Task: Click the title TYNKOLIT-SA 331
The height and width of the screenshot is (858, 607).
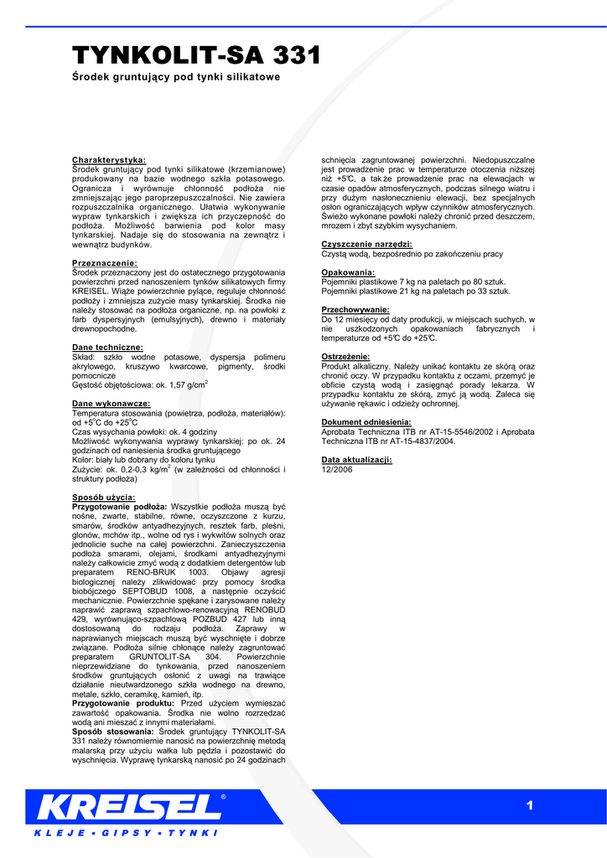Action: pyautogui.click(x=197, y=56)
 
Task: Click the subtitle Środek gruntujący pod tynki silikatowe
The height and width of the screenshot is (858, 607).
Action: pyautogui.click(x=175, y=77)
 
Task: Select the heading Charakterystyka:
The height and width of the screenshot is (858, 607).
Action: pyautogui.click(x=109, y=159)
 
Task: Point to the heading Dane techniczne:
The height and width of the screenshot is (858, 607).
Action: pyautogui.click(x=107, y=347)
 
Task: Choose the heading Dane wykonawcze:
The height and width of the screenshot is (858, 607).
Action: pyautogui.click(x=111, y=404)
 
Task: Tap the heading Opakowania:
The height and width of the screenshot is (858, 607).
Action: pyautogui.click(x=348, y=272)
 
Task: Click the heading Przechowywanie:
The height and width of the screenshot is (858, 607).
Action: pyautogui.click(x=355, y=310)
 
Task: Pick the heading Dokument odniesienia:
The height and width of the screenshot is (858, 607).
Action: pyautogui.click(x=366, y=422)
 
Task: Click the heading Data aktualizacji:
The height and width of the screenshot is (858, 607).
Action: pyautogui.click(x=357, y=460)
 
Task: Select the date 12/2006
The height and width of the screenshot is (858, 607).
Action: pyautogui.click(x=337, y=469)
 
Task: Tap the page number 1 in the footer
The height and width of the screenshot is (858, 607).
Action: pyautogui.click(x=530, y=806)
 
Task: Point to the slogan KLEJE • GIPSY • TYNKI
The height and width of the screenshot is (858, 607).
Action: pyautogui.click(x=126, y=833)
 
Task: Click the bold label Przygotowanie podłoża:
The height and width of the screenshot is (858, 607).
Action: pyautogui.click(x=120, y=507)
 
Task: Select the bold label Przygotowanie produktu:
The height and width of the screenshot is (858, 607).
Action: pyautogui.click(x=124, y=704)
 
